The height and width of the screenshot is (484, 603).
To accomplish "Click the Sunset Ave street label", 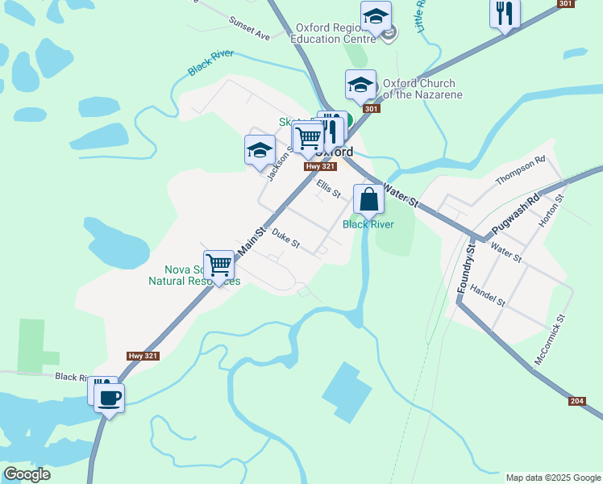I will (x=249, y=29).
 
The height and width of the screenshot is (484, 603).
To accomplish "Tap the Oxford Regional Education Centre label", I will (x=332, y=32).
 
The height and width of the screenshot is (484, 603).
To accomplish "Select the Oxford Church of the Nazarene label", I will (x=422, y=89).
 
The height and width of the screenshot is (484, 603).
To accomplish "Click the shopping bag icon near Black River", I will (x=368, y=198).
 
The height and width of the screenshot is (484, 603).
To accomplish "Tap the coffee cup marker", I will (x=110, y=397).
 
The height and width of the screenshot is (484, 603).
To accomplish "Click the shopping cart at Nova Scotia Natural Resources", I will (x=218, y=265).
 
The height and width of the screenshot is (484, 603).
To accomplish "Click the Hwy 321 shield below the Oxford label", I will (x=320, y=166).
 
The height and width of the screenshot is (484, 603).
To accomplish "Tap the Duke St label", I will (x=285, y=239).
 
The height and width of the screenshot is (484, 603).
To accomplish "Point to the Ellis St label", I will (x=329, y=190).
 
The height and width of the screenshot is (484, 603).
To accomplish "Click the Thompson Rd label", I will (x=521, y=171).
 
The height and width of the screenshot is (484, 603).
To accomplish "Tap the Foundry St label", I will (x=465, y=269).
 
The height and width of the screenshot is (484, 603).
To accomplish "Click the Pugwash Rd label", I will (x=522, y=211).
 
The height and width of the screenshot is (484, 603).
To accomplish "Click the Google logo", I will (x=27, y=474).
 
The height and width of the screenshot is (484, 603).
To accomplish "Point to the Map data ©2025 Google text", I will (x=552, y=478).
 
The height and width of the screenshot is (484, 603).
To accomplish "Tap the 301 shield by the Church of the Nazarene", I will (x=371, y=109).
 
